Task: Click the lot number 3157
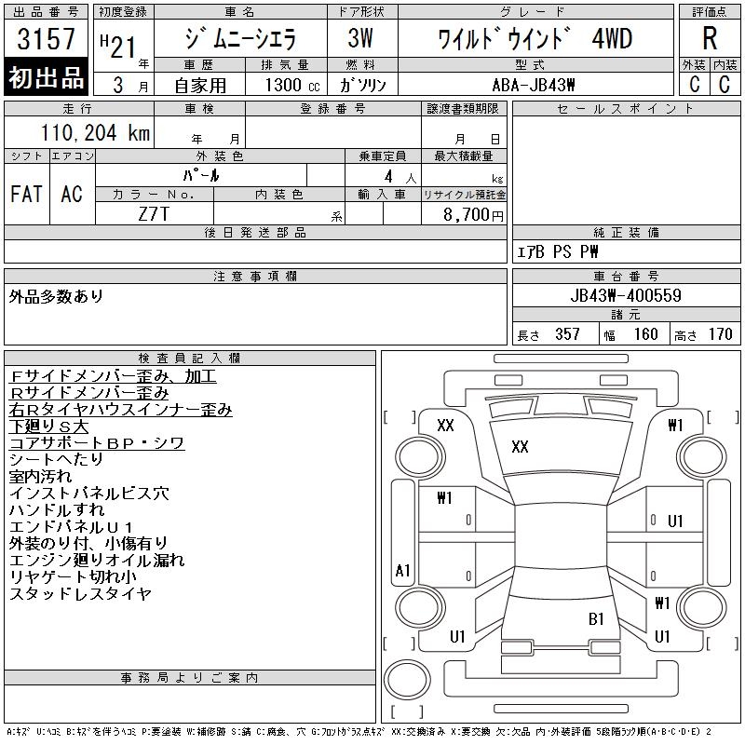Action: point(46,39)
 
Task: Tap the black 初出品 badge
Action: point(46,77)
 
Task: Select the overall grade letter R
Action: point(710,38)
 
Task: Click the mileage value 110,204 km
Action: point(95,132)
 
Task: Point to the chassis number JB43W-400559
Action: point(626,295)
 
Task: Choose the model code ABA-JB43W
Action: point(534,85)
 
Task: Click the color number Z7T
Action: point(154,214)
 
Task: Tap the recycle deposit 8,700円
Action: point(473,214)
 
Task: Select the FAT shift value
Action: point(27,194)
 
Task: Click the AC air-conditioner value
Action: point(72,194)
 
